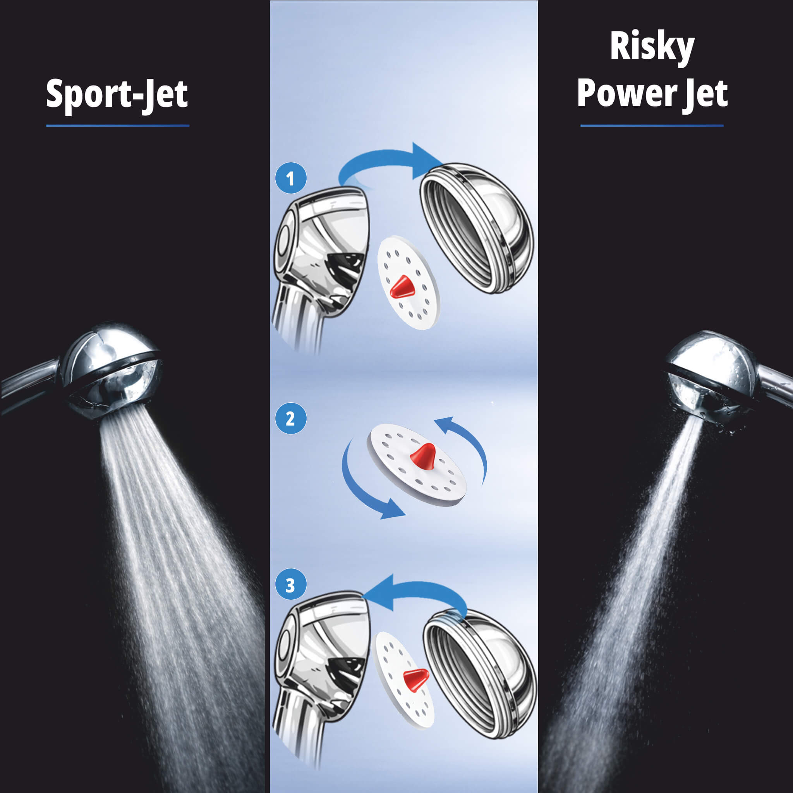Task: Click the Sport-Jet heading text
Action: (x=117, y=94)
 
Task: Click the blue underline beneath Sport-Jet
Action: (x=117, y=125)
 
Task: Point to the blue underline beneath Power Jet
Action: (x=652, y=125)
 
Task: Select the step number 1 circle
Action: (x=291, y=179)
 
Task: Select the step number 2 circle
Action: (x=291, y=419)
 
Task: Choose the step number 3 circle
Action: (x=291, y=585)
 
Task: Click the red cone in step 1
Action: (x=402, y=287)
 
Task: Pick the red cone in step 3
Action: (x=415, y=679)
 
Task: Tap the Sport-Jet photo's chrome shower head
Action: (x=111, y=369)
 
